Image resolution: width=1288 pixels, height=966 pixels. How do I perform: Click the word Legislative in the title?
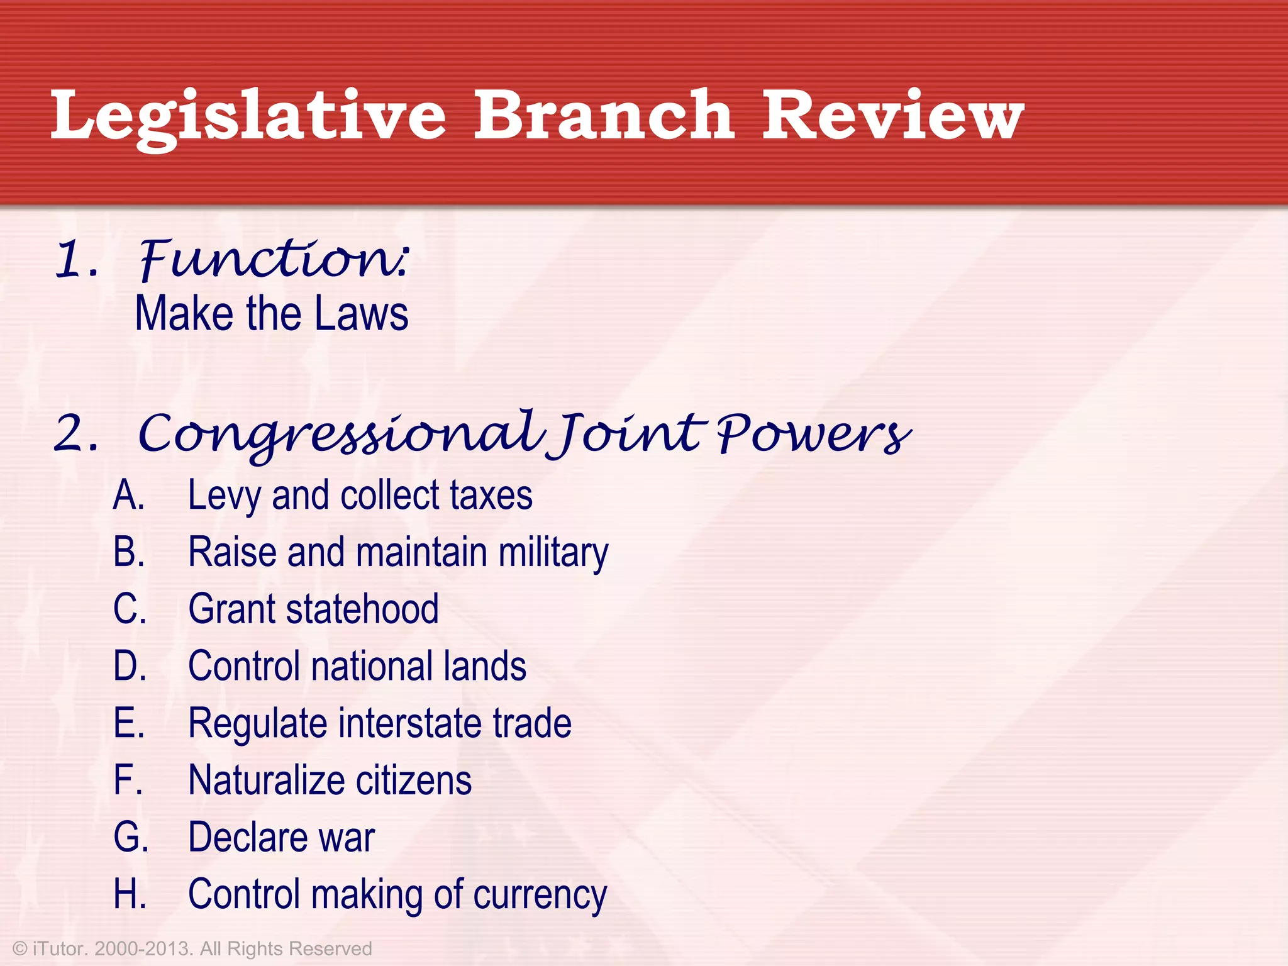248,116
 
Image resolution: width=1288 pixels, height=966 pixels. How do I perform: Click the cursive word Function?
274,259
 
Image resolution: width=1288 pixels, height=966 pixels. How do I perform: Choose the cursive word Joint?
629,434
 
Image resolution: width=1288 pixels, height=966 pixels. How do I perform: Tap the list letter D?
130,666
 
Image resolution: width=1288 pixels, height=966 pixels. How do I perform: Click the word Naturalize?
267,780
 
